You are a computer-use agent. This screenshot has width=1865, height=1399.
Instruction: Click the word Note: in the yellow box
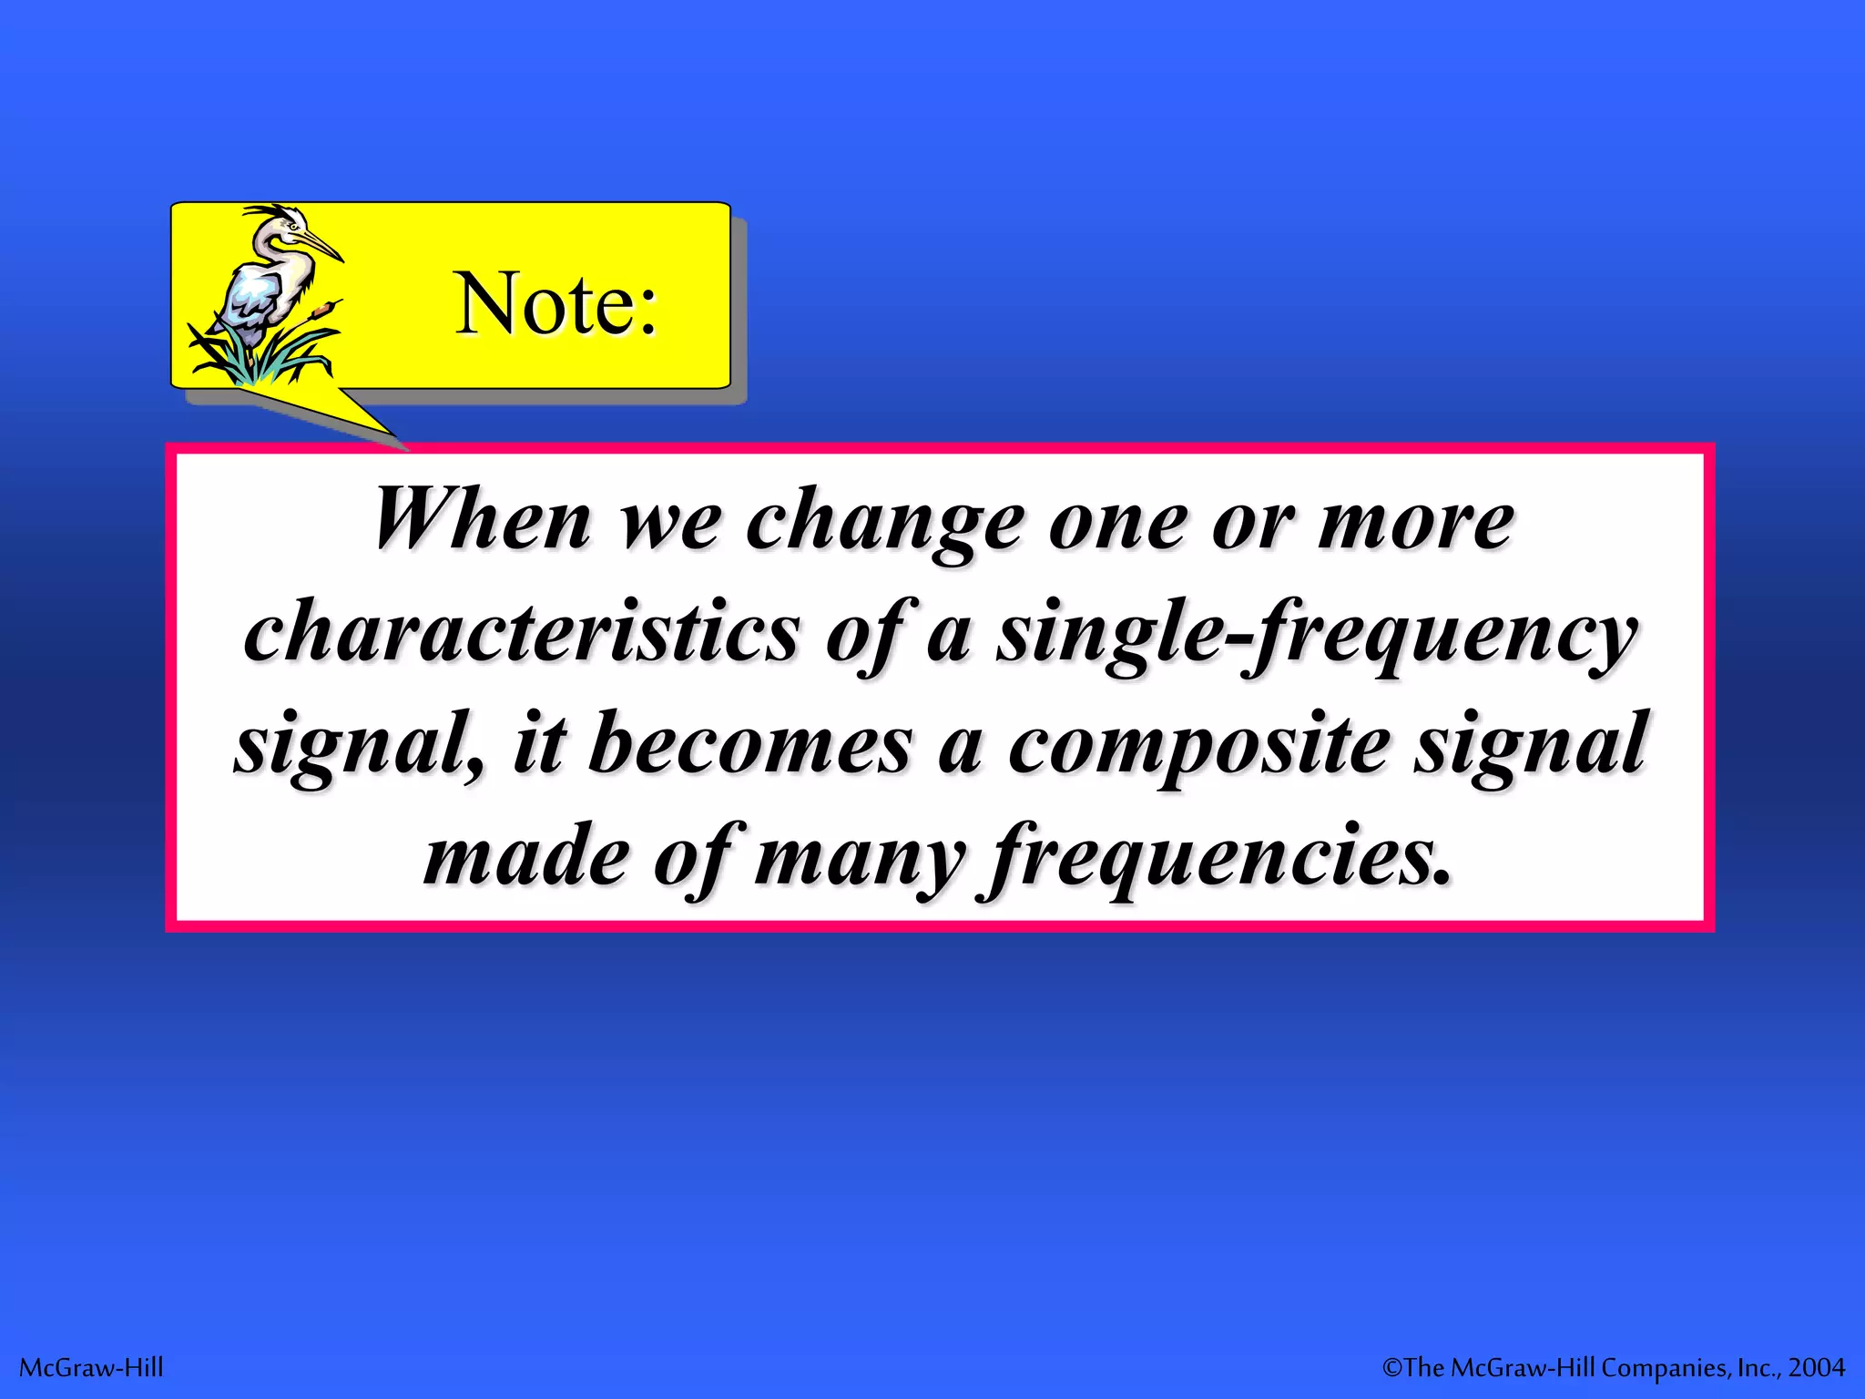(555, 303)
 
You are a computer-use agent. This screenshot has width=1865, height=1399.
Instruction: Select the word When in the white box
(483, 520)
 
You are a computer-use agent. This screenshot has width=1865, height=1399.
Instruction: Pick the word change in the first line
(884, 524)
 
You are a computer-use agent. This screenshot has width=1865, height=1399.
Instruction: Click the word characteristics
(523, 632)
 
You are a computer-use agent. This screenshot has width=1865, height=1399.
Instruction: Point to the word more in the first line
(1416, 524)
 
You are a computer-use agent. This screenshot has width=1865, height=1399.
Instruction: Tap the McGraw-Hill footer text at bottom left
(91, 1367)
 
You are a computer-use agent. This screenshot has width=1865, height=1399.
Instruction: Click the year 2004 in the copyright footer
(1817, 1367)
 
